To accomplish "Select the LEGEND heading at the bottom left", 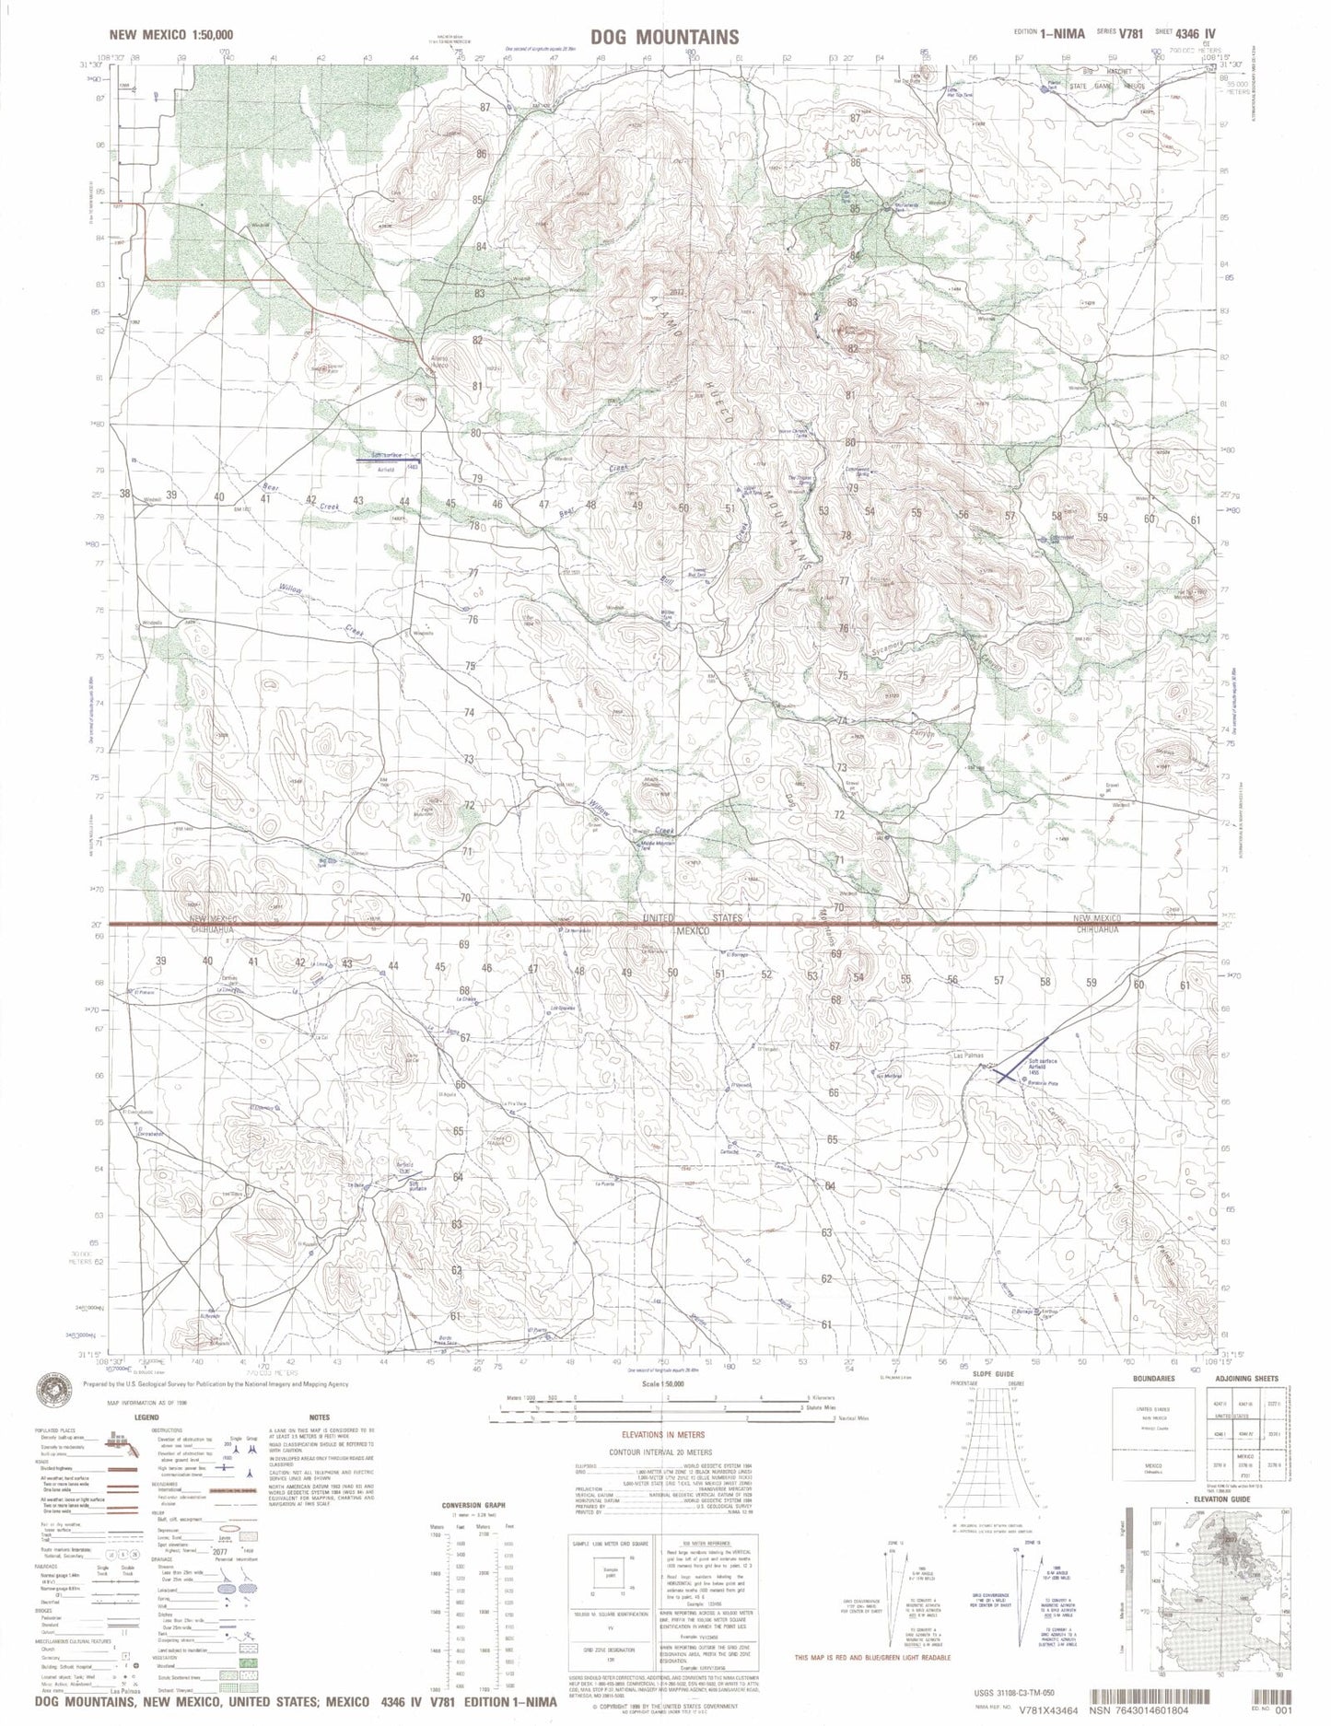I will (146, 1417).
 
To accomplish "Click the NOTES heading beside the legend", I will (320, 1417).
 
